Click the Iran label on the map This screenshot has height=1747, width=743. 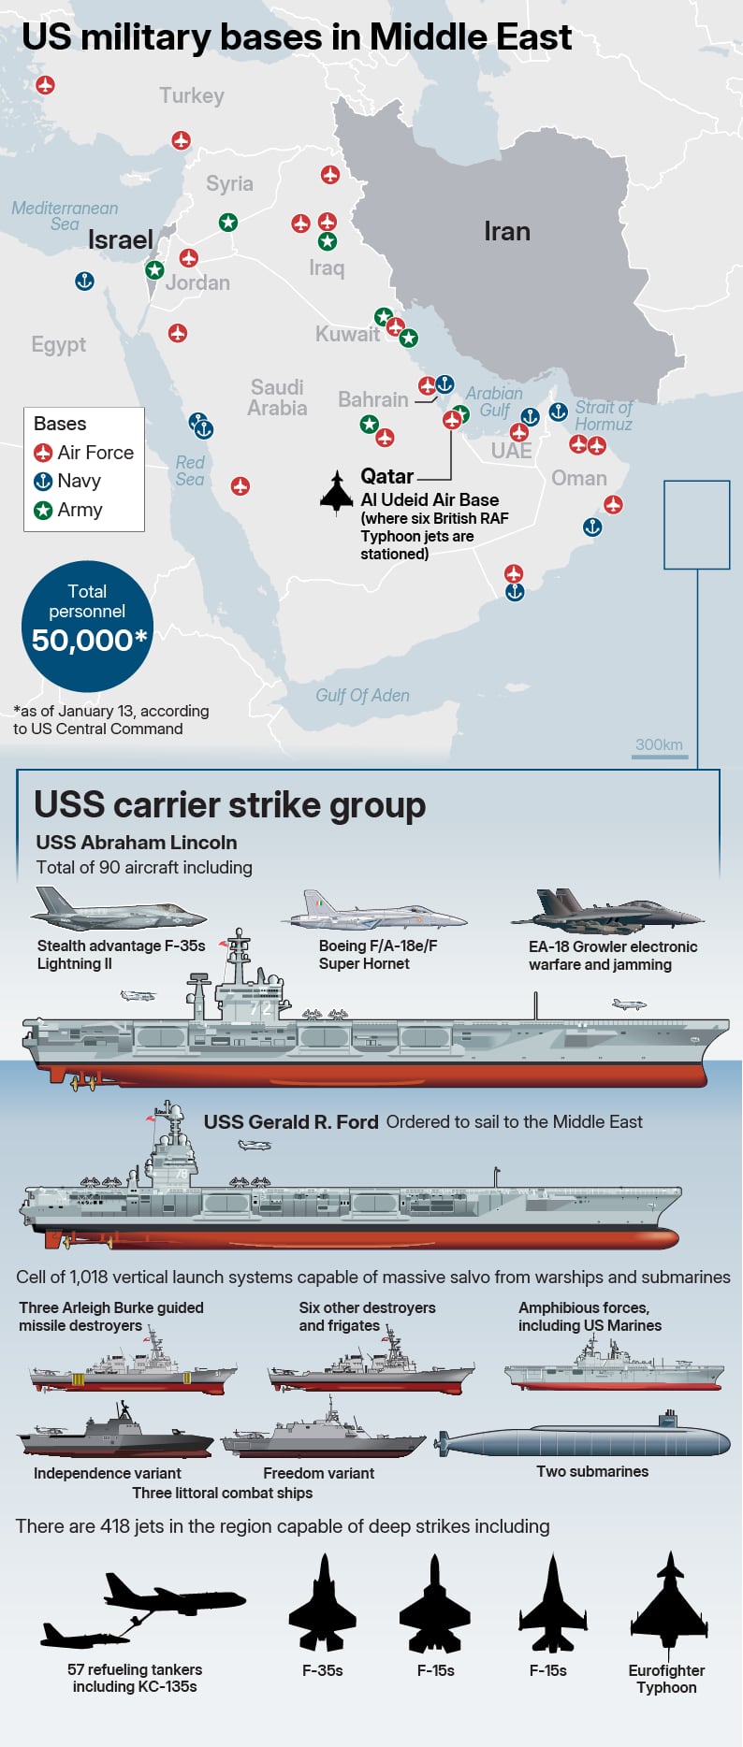point(506,232)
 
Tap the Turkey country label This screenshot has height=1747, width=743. point(192,95)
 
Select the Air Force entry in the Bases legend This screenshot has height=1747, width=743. point(84,453)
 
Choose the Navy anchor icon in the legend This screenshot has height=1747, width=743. point(43,482)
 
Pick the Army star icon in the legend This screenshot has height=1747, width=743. point(43,511)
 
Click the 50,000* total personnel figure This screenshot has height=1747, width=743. point(89,641)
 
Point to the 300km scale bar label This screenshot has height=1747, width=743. point(659,744)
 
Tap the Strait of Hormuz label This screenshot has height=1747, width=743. point(603,415)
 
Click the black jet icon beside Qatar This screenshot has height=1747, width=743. point(337,492)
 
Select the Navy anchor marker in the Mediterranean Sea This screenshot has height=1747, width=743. point(84,281)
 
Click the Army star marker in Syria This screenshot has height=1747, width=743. point(227,223)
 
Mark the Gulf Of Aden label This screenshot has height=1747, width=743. point(362,696)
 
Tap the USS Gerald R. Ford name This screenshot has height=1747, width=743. point(291,1122)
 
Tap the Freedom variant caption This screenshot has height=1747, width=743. point(318,1474)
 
